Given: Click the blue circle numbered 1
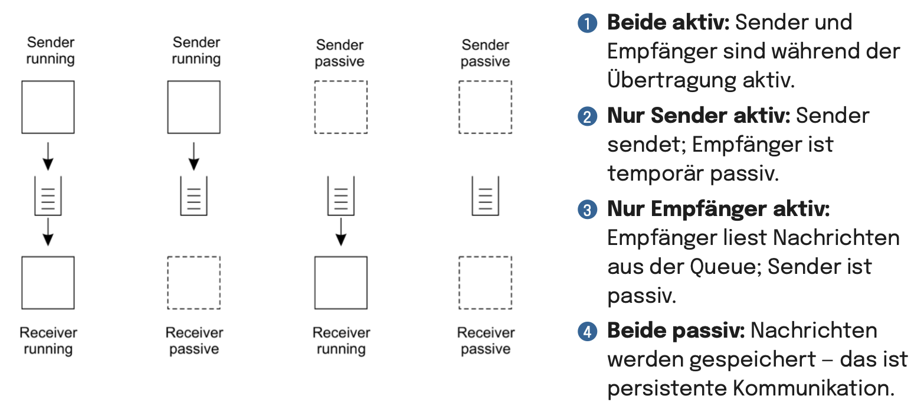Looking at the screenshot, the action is [588, 23].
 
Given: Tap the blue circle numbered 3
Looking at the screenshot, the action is [588, 210].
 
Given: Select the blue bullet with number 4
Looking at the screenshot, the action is [588, 332].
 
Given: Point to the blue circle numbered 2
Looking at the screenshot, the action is [588, 116].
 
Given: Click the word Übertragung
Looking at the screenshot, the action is [671, 79].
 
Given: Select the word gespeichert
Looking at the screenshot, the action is [753, 360].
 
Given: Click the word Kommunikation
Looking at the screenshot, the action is [814, 388].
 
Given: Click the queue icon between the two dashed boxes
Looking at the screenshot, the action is [485, 196].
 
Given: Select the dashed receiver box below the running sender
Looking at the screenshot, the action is [194, 283].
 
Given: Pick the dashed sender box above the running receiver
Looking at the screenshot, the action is [340, 107].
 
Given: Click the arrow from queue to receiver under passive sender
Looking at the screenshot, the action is [340, 232].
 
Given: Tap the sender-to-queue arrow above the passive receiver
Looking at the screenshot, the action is [194, 156].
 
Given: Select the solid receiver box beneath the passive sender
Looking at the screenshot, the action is [340, 283].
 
